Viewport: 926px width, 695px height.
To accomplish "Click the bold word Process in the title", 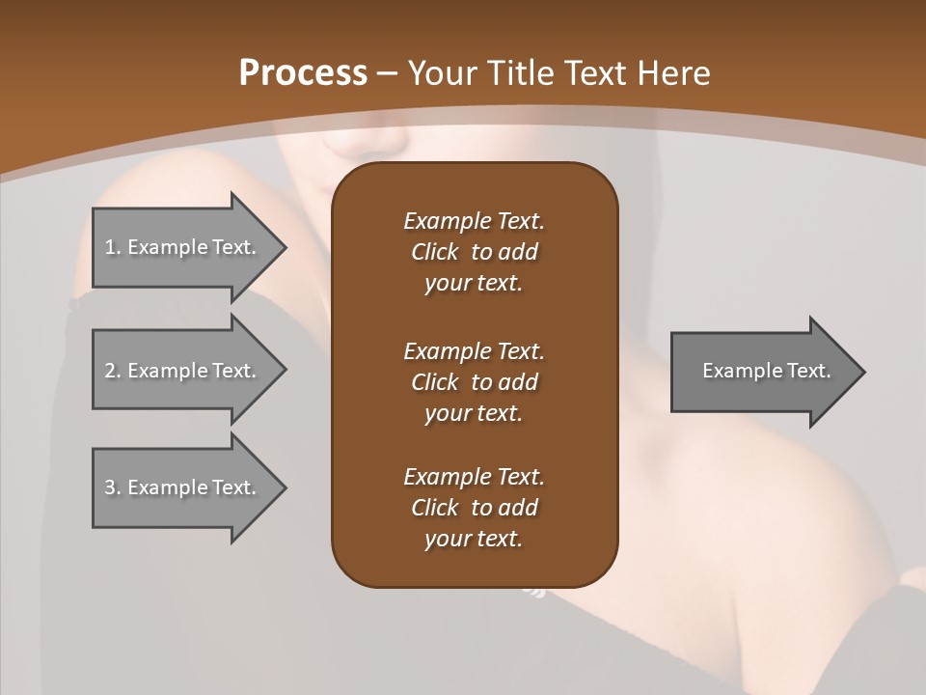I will coord(303,72).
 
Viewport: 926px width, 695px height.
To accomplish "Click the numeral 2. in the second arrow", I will coord(113,371).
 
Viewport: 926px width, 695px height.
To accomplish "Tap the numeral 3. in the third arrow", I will coord(113,487).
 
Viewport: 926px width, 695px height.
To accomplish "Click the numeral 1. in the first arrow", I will coord(113,247).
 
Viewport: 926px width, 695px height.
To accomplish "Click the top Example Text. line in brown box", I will coord(474,221).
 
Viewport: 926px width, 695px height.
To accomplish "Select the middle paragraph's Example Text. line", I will coord(474,350).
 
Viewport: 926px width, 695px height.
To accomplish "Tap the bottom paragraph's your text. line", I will coord(474,539).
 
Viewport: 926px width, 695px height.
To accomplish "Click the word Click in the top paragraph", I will coord(435,252).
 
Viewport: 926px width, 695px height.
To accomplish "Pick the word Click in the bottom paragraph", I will coord(435,508).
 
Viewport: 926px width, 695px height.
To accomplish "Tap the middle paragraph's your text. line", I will coord(474,413).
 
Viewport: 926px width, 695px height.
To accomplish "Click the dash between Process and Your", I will coord(387,73).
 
